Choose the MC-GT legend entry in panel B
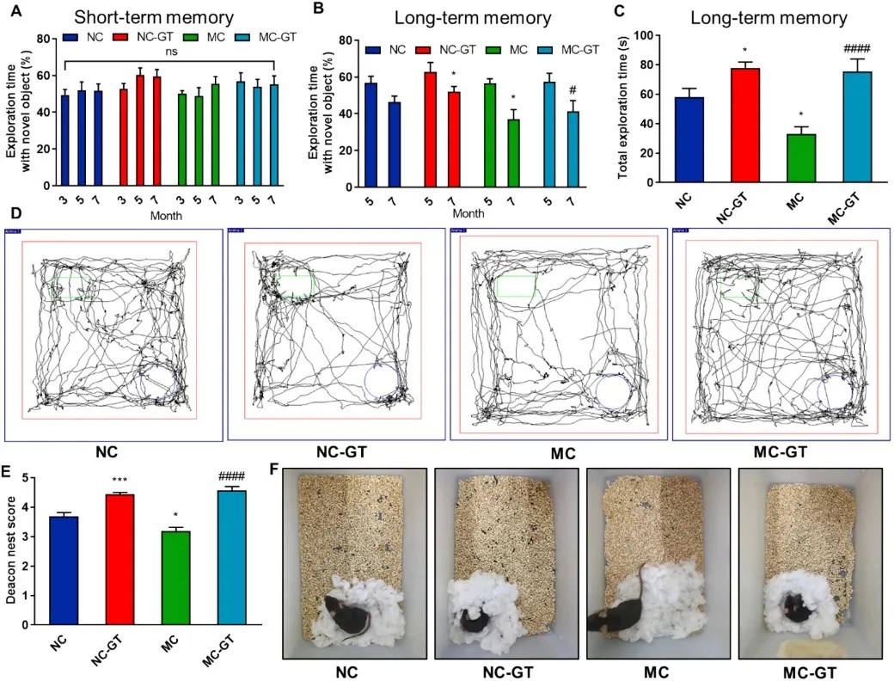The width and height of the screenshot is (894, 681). click(x=565, y=50)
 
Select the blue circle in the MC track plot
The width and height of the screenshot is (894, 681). click(x=612, y=391)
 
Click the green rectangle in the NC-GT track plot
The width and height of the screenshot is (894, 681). click(x=297, y=285)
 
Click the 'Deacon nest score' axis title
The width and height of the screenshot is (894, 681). click(x=13, y=550)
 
